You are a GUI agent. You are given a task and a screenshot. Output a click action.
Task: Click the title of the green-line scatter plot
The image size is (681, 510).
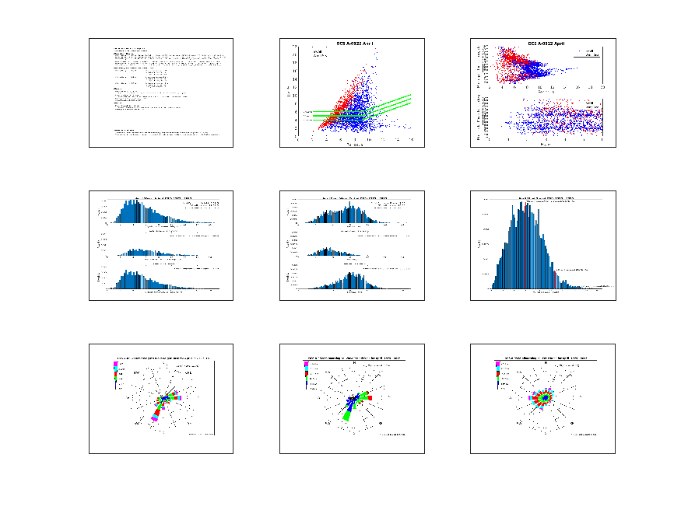pyautogui.click(x=353, y=43)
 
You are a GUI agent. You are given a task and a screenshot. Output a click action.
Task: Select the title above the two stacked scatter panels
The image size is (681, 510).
pyautogui.click(x=543, y=44)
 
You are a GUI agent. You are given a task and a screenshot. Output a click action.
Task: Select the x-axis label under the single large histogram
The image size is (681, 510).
pyautogui.click(x=543, y=294)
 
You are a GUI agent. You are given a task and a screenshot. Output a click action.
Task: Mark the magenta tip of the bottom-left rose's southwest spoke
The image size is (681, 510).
pyautogui.click(x=153, y=418)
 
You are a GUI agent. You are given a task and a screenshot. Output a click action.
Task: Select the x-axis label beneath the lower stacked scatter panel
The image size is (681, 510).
pyautogui.click(x=543, y=145)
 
